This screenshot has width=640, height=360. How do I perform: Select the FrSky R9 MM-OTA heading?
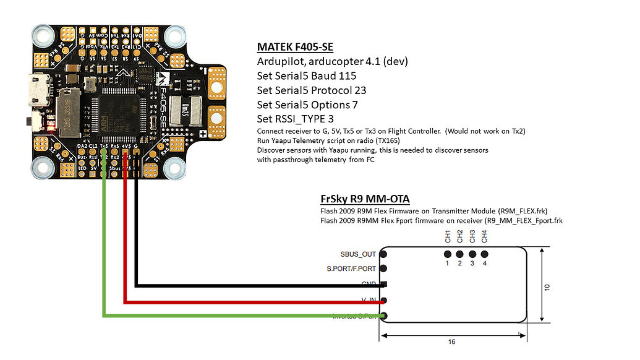point(365,199)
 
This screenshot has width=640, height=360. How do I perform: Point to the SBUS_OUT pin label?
point(358,254)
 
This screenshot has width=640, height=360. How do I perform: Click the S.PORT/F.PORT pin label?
point(351,268)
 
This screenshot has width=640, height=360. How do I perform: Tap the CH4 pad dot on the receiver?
point(484,254)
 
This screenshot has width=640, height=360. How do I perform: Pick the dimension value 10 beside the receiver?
point(547,288)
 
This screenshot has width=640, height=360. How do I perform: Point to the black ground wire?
point(136,247)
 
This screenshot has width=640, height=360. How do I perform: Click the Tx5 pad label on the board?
point(104,147)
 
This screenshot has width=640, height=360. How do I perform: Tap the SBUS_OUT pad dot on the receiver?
point(383,254)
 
